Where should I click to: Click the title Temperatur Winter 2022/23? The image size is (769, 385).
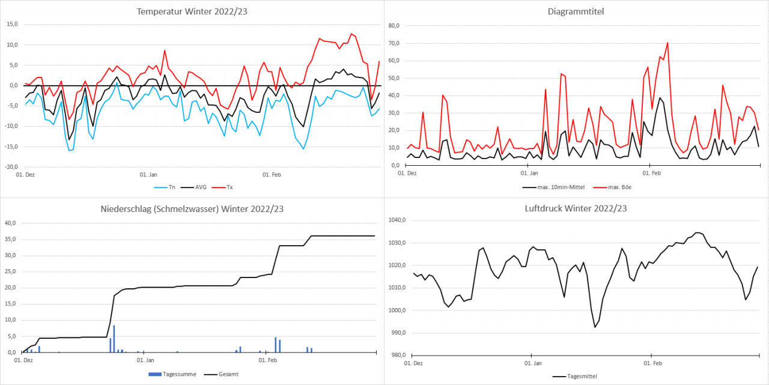click(192, 11)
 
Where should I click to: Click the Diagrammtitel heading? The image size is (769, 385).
click(576, 11)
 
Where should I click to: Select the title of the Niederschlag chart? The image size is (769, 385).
click(192, 208)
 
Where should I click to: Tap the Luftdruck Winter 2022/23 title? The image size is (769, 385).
click(576, 208)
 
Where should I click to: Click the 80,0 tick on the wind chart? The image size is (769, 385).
click(395, 26)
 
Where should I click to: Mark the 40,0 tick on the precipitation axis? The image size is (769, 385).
click(10, 223)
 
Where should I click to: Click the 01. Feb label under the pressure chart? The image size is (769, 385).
click(652, 363)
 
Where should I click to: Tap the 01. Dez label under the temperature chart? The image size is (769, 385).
click(24, 175)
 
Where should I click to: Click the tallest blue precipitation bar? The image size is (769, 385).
click(114, 338)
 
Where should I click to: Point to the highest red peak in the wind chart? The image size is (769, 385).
click(667, 43)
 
